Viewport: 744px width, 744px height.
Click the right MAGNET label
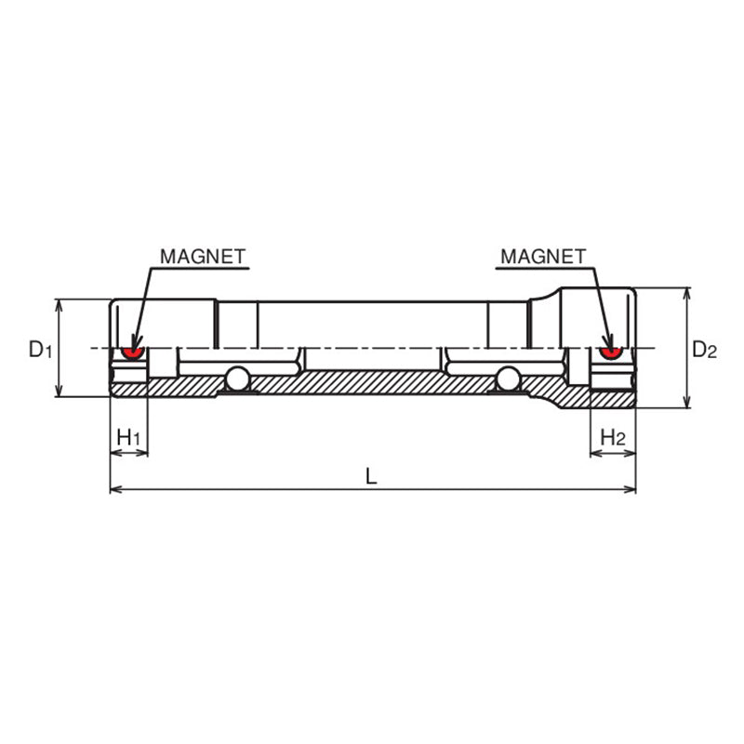(x=543, y=255)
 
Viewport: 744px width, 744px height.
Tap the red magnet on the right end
(x=610, y=352)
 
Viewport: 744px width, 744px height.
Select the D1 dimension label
(x=37, y=350)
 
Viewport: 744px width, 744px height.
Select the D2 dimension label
(x=705, y=350)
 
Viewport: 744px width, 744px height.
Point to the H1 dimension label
(x=128, y=436)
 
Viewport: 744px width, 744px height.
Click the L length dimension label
(x=371, y=475)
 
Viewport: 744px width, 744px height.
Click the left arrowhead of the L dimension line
(x=114, y=489)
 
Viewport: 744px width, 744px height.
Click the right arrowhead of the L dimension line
(x=631, y=489)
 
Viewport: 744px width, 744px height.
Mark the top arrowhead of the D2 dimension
(x=687, y=293)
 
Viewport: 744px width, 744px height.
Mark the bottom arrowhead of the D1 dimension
(x=59, y=392)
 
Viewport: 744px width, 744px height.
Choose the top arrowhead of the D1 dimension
(x=59, y=304)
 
